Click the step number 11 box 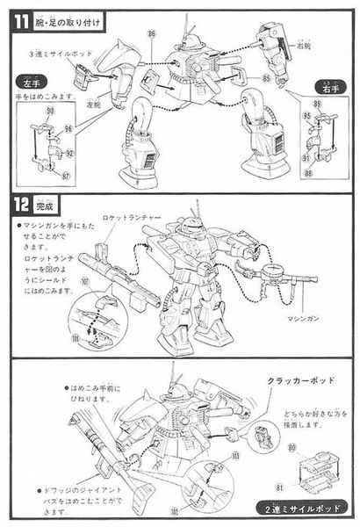18,15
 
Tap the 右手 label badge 331,89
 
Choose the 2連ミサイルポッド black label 301,508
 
